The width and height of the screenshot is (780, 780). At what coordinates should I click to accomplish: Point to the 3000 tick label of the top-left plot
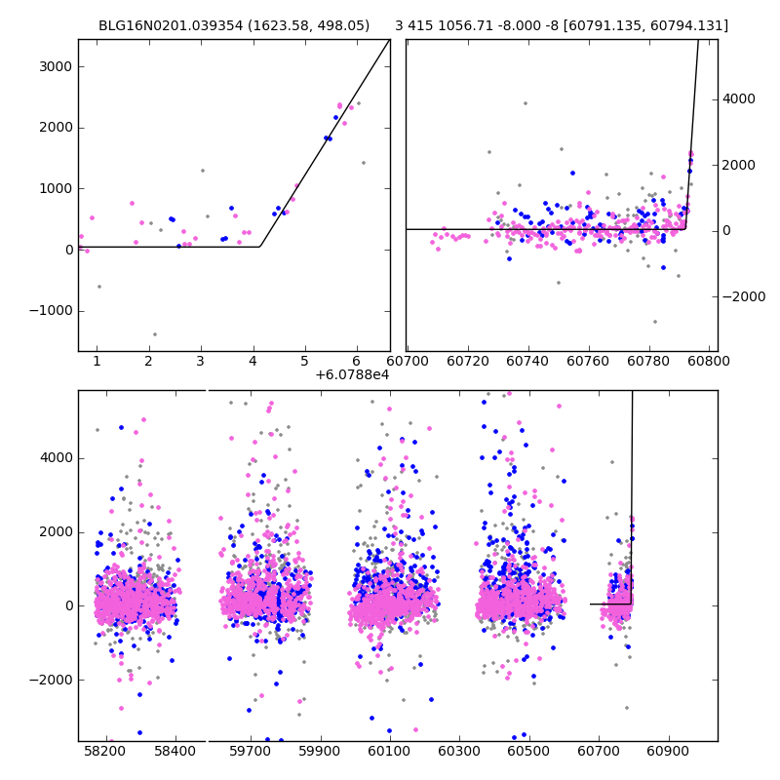point(54,66)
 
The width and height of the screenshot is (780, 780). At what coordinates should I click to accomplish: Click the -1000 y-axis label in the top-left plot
point(50,311)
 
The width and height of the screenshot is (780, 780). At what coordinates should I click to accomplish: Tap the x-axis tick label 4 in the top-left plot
point(253,363)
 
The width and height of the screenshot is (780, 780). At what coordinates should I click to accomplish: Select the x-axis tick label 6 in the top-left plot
point(356,363)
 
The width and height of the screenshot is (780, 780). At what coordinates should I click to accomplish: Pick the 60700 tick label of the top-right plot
point(408,363)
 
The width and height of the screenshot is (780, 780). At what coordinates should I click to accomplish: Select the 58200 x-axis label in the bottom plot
point(105,753)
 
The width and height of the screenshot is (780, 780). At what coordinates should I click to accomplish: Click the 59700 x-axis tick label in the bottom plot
point(250,753)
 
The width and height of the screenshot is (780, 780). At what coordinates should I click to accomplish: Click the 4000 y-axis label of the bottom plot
point(54,458)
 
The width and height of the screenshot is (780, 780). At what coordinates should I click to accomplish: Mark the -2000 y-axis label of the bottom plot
point(50,680)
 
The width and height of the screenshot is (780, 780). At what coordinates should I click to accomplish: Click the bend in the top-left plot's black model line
point(259,247)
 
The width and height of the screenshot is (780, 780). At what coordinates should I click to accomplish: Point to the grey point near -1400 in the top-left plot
point(154,334)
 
